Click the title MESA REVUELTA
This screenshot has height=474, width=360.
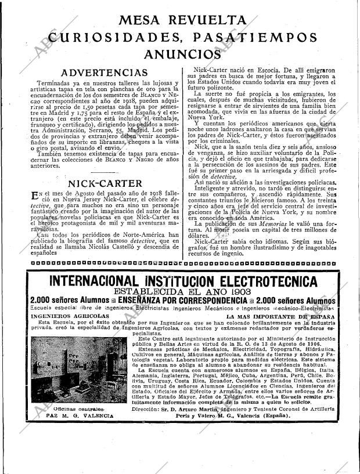point(181,20)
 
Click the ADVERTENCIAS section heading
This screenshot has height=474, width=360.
point(105,73)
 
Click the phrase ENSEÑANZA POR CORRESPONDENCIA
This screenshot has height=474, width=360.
point(183,301)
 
